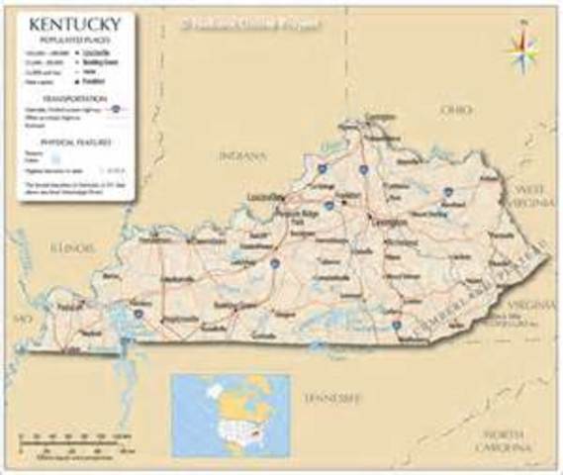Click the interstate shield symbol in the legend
click(x=118, y=108)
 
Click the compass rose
click(x=521, y=47)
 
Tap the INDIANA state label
click(x=241, y=155)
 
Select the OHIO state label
click(x=456, y=108)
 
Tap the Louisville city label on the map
click(x=268, y=196)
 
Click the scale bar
click(x=73, y=436)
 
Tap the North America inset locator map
click(x=230, y=415)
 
